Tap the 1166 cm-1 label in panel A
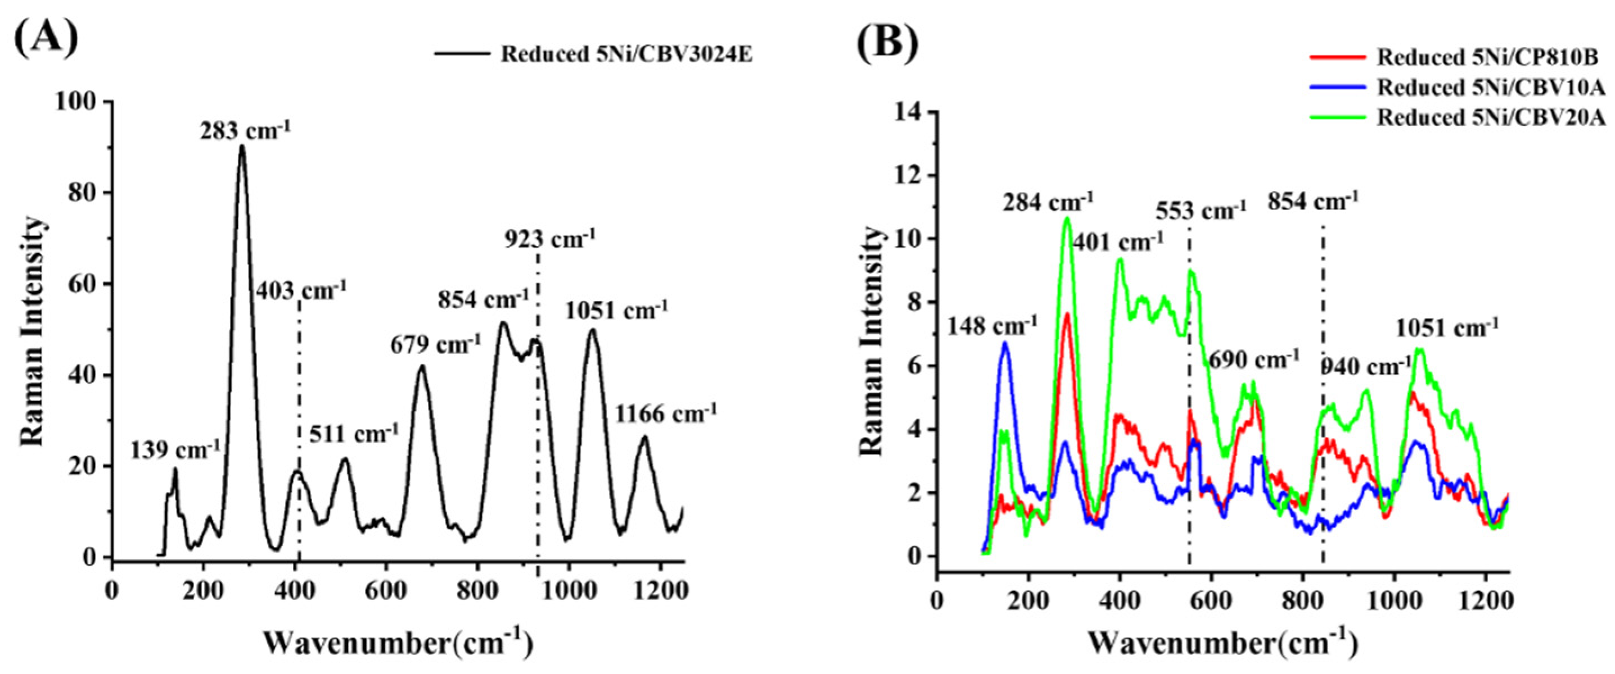tap(665, 413)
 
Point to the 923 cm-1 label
tap(550, 239)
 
